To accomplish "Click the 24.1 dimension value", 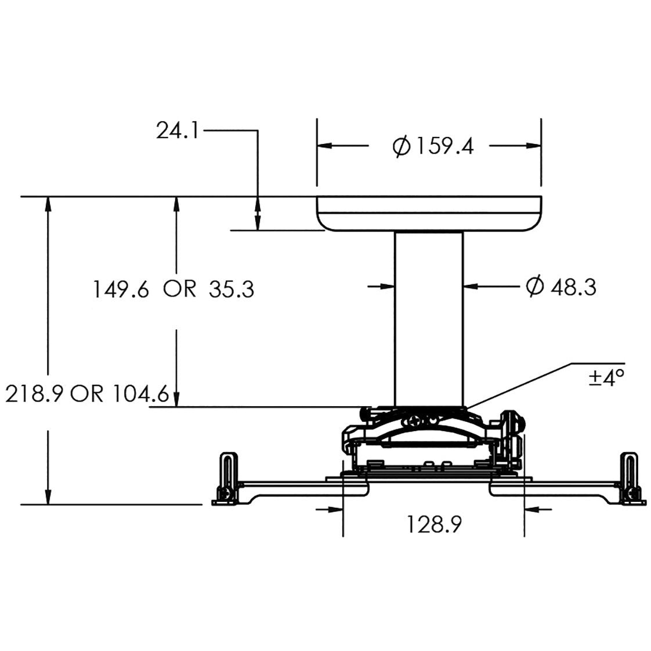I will [177, 131].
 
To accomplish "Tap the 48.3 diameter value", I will [573, 287].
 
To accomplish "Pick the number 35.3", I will [231, 289].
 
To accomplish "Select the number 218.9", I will [35, 395].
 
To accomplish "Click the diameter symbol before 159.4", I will [402, 146].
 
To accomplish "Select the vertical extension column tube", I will [429, 316].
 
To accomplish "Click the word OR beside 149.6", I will [180, 289].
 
